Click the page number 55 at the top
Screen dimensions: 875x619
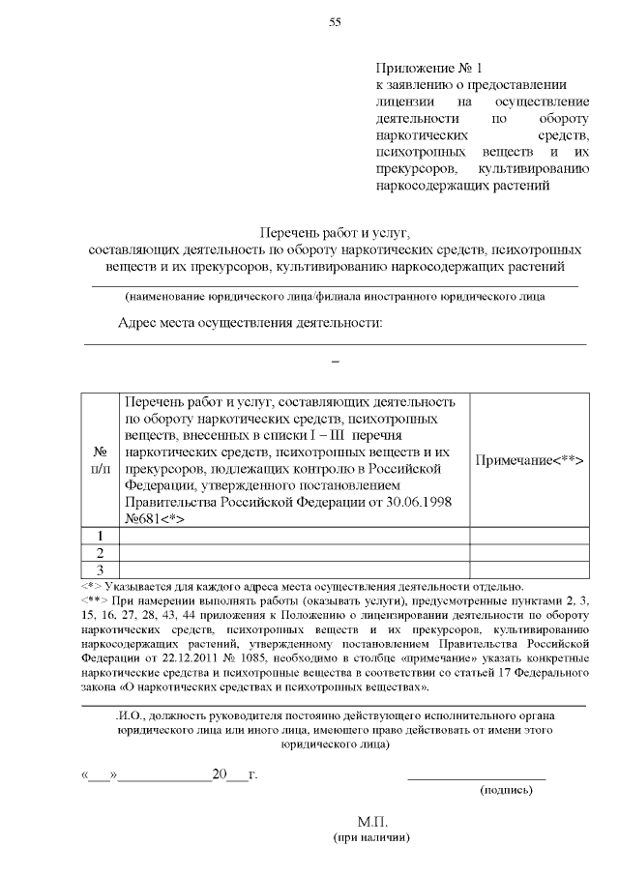click(335, 23)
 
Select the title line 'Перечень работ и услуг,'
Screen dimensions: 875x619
click(335, 233)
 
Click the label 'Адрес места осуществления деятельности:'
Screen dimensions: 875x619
click(251, 323)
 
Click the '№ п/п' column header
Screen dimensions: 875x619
click(100, 460)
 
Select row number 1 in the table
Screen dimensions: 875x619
click(100, 536)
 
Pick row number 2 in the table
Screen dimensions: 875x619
click(100, 553)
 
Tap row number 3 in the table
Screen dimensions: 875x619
click(100, 569)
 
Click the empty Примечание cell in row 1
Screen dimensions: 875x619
click(529, 536)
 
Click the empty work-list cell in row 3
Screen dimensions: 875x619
click(294, 569)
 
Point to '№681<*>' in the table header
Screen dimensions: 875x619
click(156, 518)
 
